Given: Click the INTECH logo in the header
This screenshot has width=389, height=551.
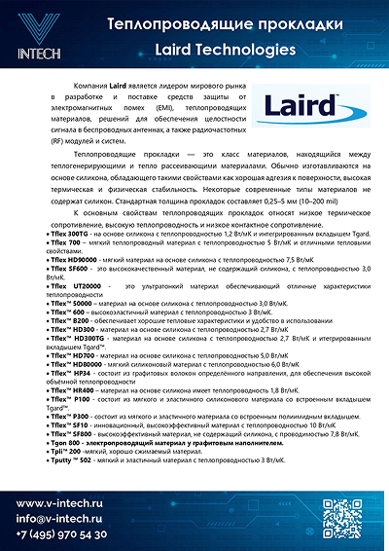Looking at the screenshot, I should pos(34,34).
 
